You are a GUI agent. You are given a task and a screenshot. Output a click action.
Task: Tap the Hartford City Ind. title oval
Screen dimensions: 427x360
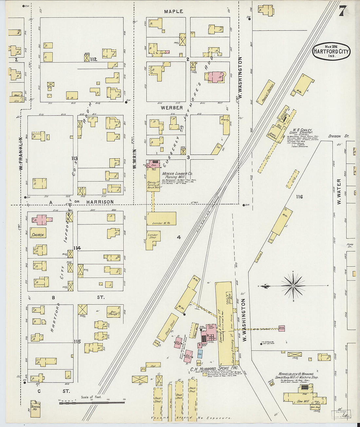pos(331,52)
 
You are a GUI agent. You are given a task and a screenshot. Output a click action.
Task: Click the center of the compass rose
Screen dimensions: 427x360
pos(293,286)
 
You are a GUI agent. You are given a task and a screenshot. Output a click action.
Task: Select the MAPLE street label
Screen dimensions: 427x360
pos(173,11)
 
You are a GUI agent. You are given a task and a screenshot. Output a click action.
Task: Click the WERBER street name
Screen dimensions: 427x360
pos(171,108)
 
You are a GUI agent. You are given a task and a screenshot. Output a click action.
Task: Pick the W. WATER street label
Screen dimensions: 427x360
pos(339,191)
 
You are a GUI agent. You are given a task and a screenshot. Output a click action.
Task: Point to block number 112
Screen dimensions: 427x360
pos(94,59)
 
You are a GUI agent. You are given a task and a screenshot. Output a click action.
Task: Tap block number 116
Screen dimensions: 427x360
pos(299,197)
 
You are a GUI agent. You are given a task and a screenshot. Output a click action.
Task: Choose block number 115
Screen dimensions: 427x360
pos(77,342)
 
